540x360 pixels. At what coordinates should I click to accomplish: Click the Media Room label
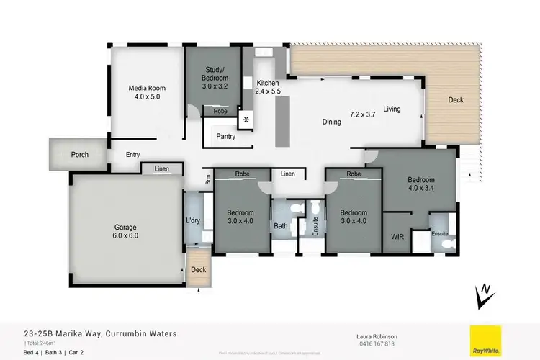coord(142,88)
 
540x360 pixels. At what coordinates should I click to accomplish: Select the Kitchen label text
coord(268,84)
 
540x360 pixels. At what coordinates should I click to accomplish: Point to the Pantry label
coord(226,136)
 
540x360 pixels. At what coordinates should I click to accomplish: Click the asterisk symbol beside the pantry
coord(247,119)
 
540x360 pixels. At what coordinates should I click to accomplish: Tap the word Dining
coord(331,122)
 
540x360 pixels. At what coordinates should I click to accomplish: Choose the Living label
coord(392,109)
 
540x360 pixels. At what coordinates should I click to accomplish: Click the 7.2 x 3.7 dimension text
coord(364,114)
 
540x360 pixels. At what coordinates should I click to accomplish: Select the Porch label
coord(80,155)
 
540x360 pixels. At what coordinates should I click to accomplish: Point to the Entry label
coord(133,155)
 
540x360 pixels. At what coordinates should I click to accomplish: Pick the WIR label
coord(396,235)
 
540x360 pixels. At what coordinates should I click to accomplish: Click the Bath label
coord(280,227)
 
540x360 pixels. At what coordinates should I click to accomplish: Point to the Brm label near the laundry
coord(207,181)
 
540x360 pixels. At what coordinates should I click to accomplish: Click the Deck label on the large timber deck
coord(455,100)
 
